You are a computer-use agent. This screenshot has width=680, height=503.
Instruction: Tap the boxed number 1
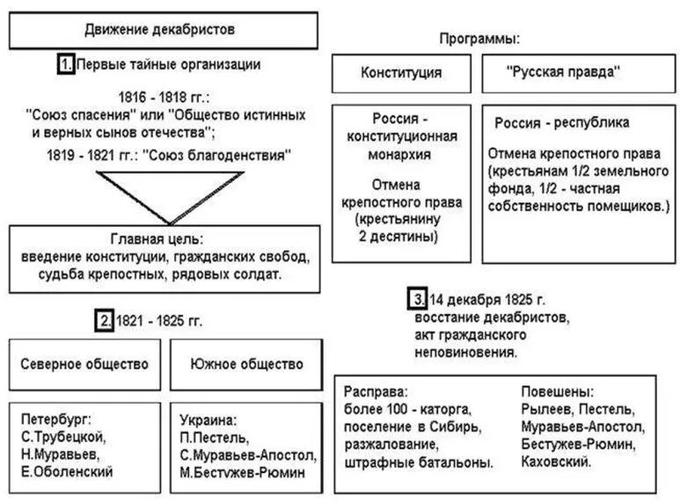pos(65,65)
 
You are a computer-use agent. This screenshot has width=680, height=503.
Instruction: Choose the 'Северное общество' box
pos(84,363)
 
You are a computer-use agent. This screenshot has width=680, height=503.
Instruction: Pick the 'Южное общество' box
pos(246,363)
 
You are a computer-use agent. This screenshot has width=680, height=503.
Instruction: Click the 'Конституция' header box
pos(401,73)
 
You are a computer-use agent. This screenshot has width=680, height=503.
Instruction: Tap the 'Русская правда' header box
pos(564,73)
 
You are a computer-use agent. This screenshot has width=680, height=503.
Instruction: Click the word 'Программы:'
pos(480,40)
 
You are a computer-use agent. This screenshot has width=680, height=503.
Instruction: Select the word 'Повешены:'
pos(557,391)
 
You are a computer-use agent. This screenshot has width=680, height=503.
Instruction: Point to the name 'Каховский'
pos(555,461)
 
